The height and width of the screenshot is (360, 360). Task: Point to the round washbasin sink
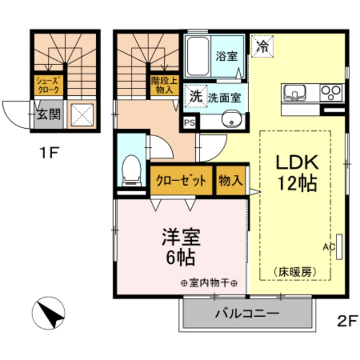[x=231, y=120]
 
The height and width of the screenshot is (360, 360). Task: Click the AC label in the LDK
[x=328, y=246]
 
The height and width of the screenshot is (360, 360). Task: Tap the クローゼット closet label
[x=181, y=181]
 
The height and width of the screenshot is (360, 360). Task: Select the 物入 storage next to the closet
[x=231, y=181]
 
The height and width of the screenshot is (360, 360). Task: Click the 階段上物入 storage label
[x=161, y=85]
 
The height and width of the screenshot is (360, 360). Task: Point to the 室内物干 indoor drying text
[x=209, y=283]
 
